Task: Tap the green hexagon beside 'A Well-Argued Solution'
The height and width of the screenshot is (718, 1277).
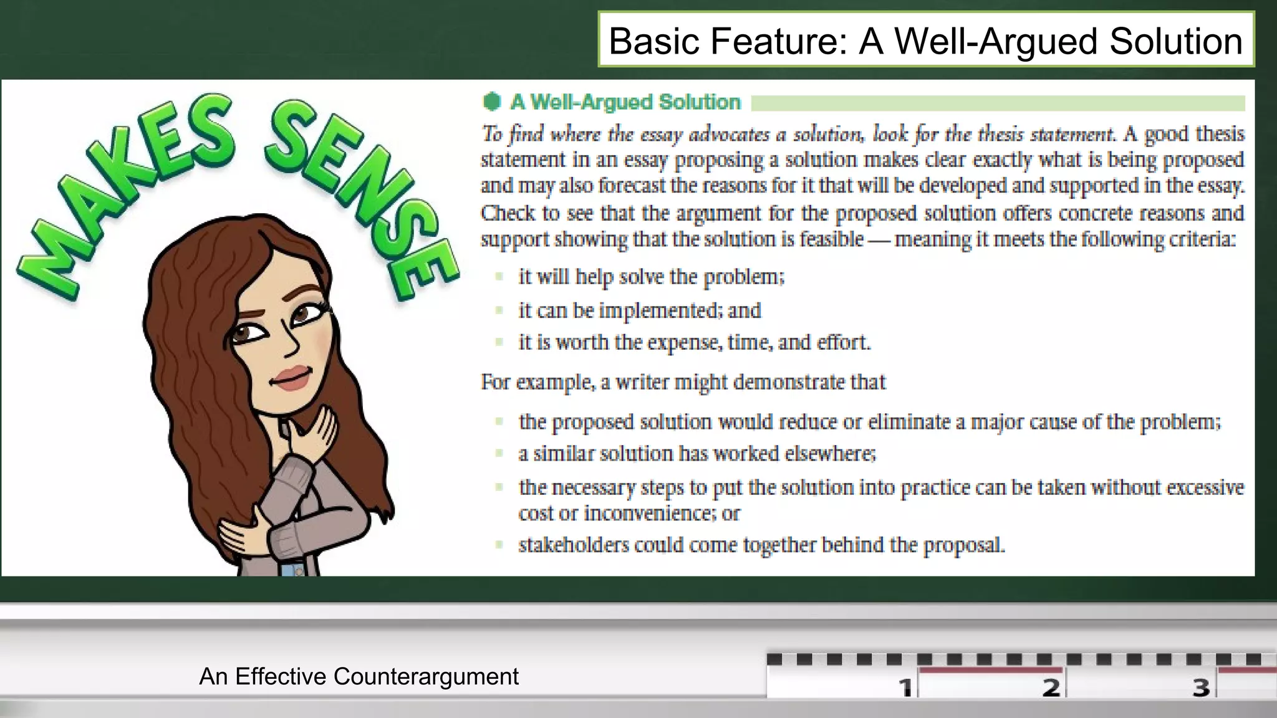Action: [492, 102]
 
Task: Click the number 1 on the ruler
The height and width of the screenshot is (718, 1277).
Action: [905, 687]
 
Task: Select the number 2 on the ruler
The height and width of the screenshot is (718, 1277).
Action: [1051, 687]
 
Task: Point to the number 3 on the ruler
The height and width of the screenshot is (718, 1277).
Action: [1200, 687]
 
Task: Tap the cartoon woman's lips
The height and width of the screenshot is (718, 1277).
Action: [291, 377]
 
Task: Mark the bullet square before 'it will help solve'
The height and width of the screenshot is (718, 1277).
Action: [499, 276]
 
